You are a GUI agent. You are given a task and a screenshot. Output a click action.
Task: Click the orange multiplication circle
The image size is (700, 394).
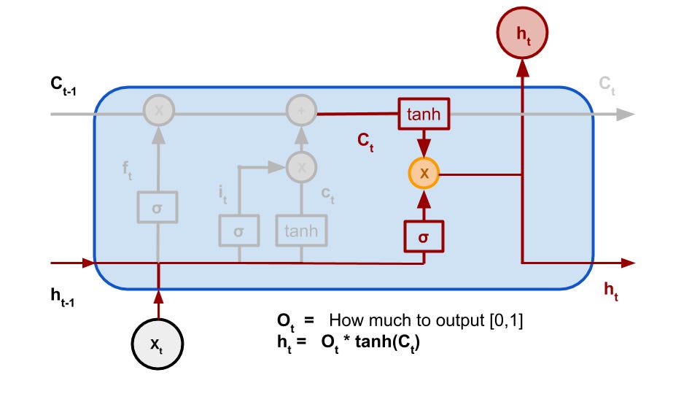tap(424, 174)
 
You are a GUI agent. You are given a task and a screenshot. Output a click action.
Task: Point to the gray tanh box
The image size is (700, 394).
tap(301, 231)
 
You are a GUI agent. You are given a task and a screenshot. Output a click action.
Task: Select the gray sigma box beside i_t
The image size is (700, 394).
tap(239, 231)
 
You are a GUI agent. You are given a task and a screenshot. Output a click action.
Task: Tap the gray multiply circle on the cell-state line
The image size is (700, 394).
tap(157, 111)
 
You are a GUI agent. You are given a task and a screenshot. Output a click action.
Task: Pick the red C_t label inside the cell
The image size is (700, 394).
tap(366, 142)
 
